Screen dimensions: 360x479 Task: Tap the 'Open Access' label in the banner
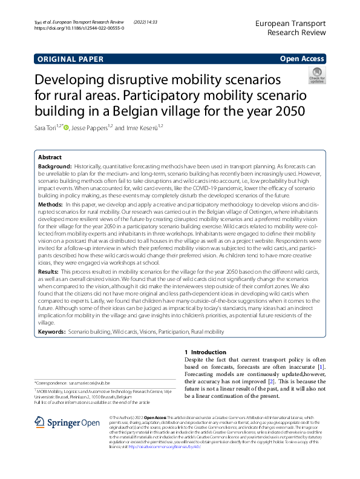click(302, 59)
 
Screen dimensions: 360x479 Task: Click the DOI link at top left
click(79, 28)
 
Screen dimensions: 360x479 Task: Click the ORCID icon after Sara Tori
click(67, 127)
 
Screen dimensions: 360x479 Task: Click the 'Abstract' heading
click(50, 156)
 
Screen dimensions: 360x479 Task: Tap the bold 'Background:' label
click(54, 165)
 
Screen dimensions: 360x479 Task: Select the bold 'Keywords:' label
click(52, 332)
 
